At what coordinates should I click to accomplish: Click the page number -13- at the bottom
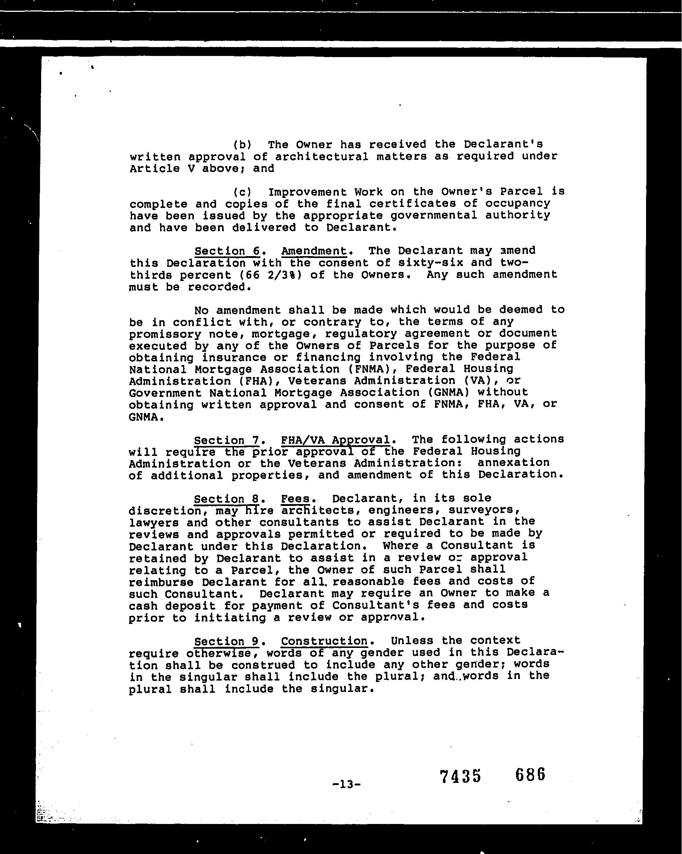346,784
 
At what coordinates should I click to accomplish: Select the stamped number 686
530,774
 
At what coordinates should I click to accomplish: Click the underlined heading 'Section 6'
227,251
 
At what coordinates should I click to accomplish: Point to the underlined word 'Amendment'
314,251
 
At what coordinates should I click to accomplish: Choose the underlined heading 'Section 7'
226,440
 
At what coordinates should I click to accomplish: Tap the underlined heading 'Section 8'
226,499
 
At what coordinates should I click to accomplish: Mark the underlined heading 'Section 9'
226,641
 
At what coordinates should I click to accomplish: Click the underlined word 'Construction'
324,641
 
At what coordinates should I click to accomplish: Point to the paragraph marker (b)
242,145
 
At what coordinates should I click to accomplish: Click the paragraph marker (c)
242,192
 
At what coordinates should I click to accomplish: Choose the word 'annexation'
514,463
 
